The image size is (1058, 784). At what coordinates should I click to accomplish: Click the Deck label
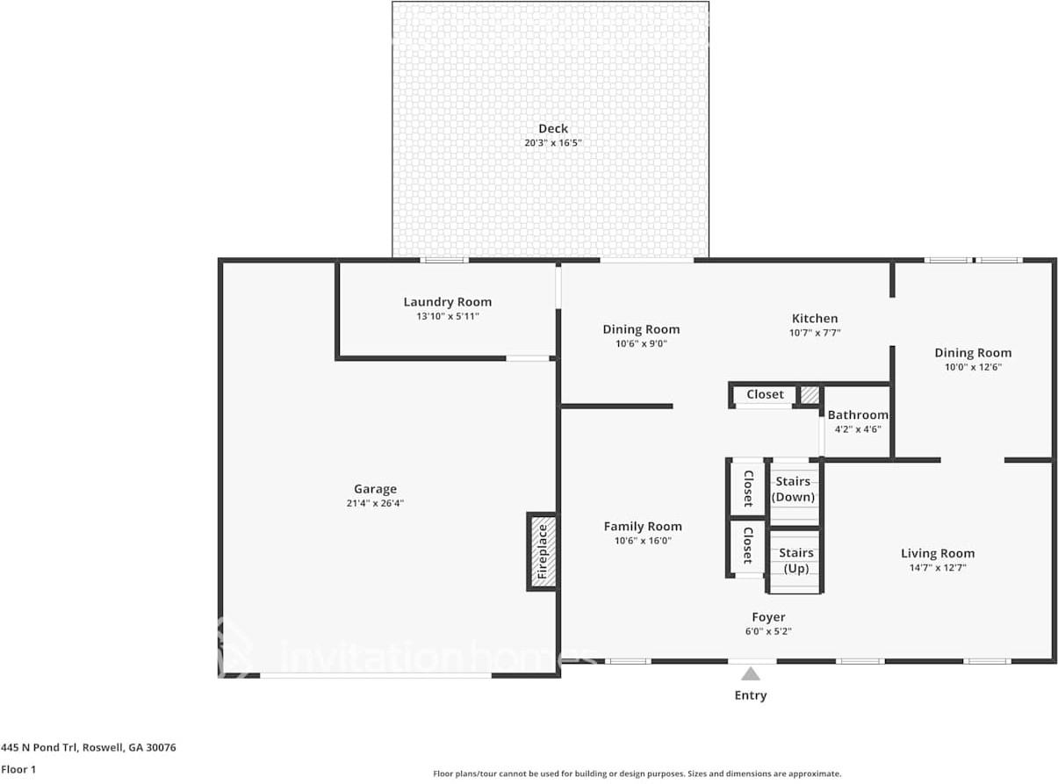click(553, 129)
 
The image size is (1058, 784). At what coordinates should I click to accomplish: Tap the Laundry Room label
click(448, 302)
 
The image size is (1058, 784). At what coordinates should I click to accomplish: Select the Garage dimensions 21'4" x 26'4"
click(376, 503)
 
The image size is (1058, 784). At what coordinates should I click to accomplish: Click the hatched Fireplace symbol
click(543, 552)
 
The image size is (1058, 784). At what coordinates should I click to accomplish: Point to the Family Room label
click(643, 527)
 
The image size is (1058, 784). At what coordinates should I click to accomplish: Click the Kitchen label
click(815, 319)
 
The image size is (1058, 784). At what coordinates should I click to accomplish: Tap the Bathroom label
click(858, 415)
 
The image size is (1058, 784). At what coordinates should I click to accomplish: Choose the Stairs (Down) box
click(794, 489)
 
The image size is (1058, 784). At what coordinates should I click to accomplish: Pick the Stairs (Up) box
click(795, 560)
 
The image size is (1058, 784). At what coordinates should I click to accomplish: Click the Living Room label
click(938, 553)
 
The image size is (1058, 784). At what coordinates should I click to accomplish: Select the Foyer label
click(768, 617)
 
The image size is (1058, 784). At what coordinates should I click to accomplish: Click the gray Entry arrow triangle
click(751, 674)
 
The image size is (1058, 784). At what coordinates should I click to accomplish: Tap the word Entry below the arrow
click(751, 695)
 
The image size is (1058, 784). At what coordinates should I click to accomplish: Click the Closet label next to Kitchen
click(765, 395)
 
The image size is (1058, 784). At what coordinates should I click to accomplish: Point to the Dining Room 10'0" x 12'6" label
click(973, 353)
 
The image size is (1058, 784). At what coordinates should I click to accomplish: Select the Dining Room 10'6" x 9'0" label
click(641, 330)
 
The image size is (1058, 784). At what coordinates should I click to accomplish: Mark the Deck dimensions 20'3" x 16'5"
click(553, 143)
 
